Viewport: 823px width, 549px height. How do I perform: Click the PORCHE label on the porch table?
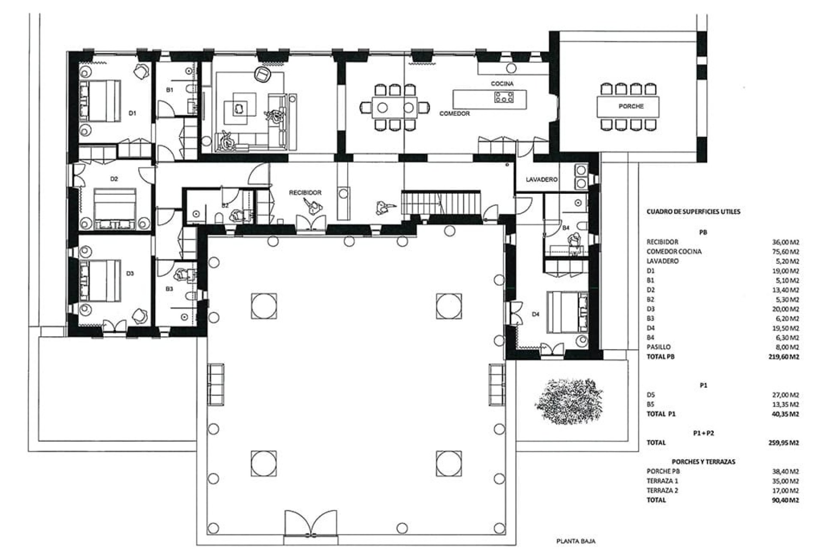631,106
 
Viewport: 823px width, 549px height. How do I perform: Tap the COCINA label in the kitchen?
502,84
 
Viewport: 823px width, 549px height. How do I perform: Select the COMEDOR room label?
454,114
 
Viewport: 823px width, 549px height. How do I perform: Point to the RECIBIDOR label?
305,193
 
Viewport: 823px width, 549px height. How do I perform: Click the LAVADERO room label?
541,180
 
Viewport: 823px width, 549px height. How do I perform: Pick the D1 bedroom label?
132,113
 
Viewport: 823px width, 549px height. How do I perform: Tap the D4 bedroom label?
535,314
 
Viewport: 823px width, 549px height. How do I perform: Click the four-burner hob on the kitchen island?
504,97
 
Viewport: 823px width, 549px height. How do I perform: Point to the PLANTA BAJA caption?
576,541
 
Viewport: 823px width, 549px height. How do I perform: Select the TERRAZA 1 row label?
662,481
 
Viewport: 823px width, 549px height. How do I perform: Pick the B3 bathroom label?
169,289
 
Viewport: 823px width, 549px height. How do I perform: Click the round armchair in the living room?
262,75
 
